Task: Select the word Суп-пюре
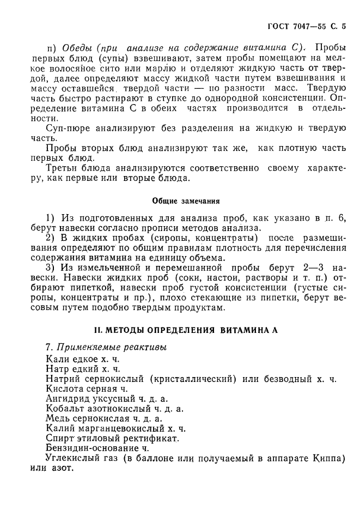(x=66, y=129)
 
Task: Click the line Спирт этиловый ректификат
(x=113, y=438)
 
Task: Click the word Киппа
(x=330, y=458)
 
